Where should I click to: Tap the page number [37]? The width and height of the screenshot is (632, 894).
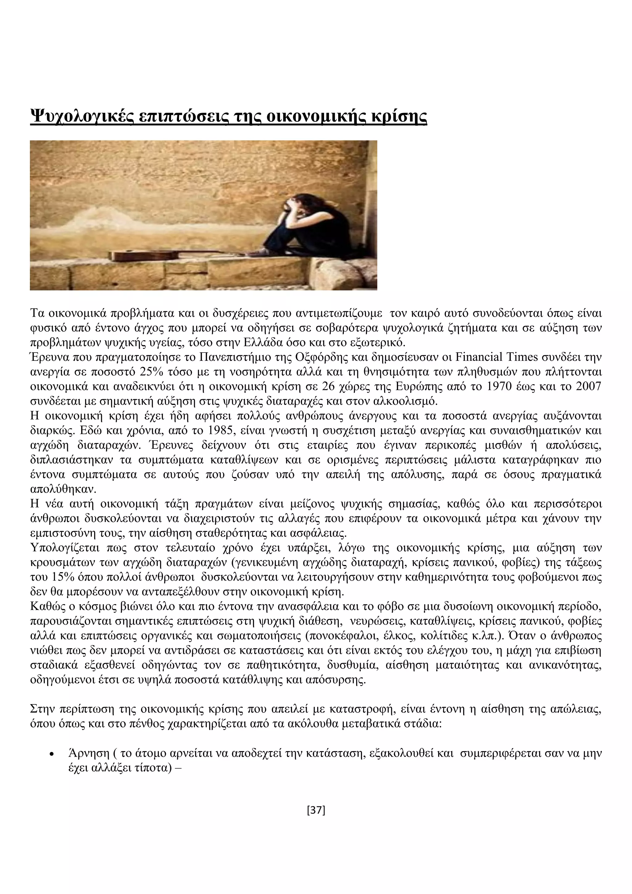click(x=316, y=810)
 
